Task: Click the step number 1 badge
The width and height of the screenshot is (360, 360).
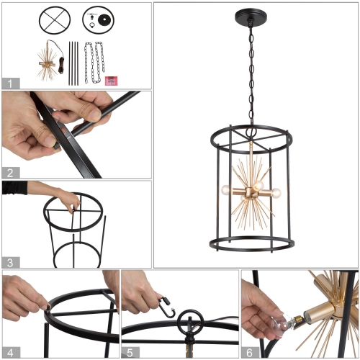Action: click(x=9, y=83)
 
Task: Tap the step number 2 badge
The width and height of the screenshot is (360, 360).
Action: click(x=9, y=173)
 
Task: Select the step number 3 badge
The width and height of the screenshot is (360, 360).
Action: click(x=9, y=261)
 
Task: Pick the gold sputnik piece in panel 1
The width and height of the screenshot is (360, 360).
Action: click(x=49, y=65)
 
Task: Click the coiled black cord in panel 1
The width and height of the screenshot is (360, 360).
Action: click(x=63, y=65)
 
